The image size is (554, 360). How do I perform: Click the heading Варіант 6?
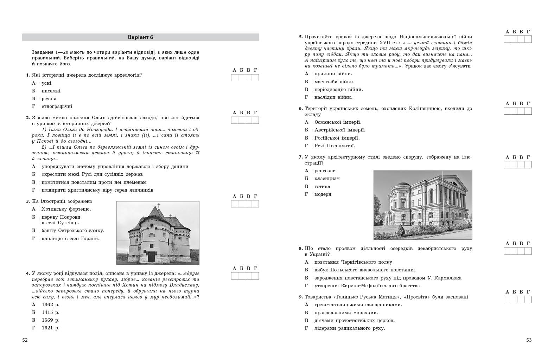pyautogui.click(x=140, y=37)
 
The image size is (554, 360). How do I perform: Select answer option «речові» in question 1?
pyautogui.click(x=49, y=99)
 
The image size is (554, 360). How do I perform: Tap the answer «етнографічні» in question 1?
pyautogui.click(x=57, y=107)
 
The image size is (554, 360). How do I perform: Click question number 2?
pyautogui.click(x=27, y=118)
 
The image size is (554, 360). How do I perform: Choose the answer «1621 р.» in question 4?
pyautogui.click(x=50, y=328)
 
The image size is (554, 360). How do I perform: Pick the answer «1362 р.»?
pyautogui.click(x=50, y=304)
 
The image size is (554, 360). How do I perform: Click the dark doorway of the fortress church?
pyautogui.click(x=151, y=257)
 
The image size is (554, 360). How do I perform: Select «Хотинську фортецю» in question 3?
pyautogui.click(x=66, y=209)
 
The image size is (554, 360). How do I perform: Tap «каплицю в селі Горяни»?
pyautogui.click(x=70, y=239)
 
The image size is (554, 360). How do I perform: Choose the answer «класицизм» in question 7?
pyautogui.click(x=327, y=179)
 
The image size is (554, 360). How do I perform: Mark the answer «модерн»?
pyautogui.click(x=323, y=194)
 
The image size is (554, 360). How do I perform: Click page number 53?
pyautogui.click(x=529, y=340)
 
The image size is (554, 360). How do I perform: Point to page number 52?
pyautogui.click(x=25, y=340)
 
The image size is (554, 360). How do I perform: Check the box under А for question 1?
pyautogui.click(x=235, y=78)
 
